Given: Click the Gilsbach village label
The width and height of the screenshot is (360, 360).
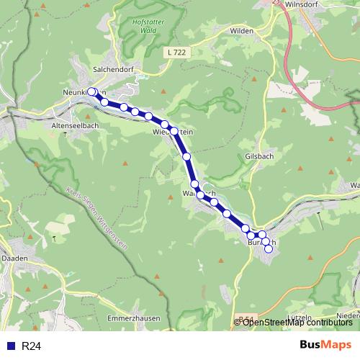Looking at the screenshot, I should pos(259,156).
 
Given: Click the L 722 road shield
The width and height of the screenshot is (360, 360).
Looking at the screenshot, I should pos(174,53).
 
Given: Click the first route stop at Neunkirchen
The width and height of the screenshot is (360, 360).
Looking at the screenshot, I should pos(91,91).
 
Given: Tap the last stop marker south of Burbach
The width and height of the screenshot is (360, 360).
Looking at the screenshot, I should pos(269,249).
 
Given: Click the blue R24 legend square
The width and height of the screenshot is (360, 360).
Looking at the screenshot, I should pos(10,346).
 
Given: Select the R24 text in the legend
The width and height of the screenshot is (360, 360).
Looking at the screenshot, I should pos(31,346).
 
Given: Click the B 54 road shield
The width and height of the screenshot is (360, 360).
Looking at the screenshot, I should pos(244,318).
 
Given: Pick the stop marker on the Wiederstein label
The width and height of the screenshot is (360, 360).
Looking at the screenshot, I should pos(174,130).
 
